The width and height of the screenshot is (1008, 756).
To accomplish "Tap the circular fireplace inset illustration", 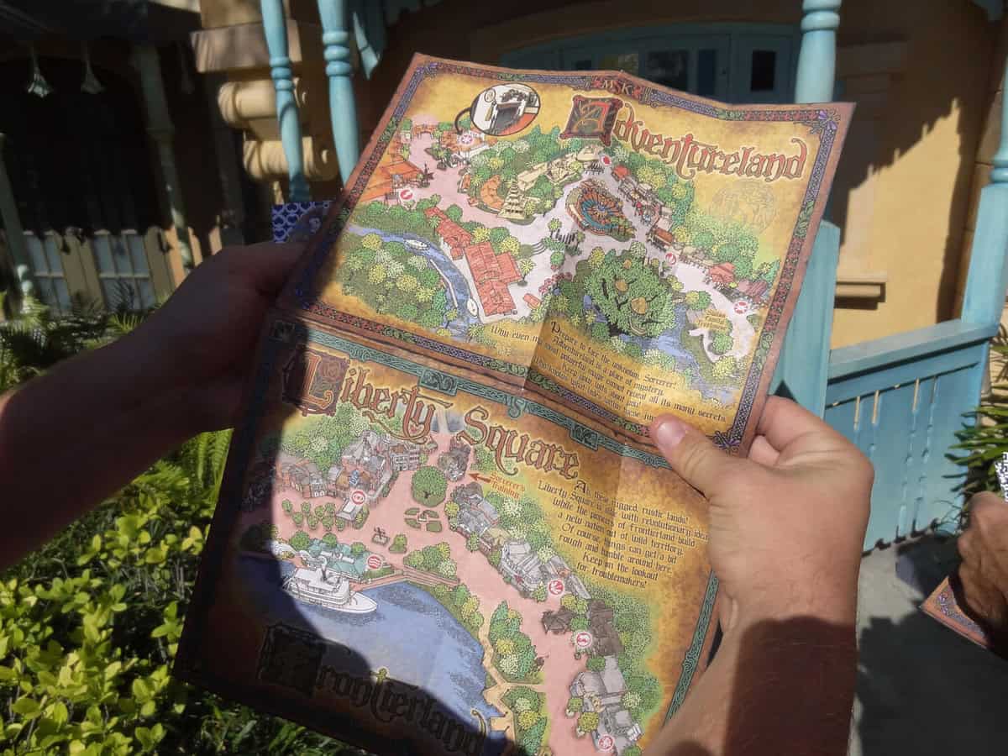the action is [504, 108].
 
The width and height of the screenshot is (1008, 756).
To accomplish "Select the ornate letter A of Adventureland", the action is [592, 118].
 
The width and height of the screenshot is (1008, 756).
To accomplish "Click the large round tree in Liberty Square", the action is [429, 486].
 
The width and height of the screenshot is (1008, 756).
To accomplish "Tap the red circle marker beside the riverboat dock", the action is [375, 562].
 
